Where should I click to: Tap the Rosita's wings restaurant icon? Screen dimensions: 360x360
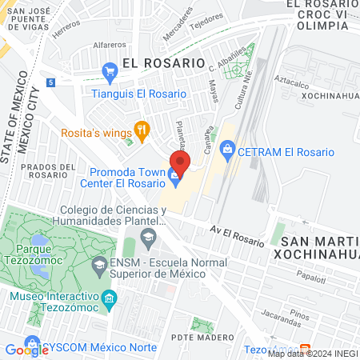(142, 128)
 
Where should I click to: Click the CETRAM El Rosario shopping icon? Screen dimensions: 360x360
(228, 147)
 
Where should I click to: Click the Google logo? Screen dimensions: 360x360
(26, 350)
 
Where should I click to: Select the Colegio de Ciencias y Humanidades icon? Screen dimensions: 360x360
(148, 236)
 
